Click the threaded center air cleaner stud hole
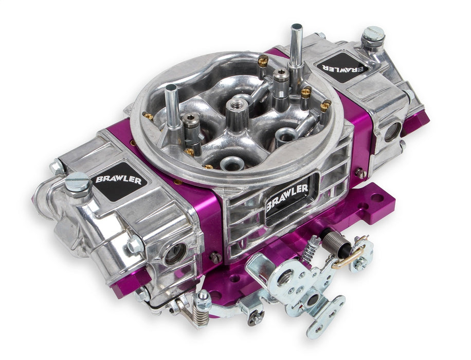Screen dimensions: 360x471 (x=238, y=105)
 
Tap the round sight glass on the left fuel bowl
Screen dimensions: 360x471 (x=175, y=253)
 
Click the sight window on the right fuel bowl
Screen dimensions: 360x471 (x=392, y=132)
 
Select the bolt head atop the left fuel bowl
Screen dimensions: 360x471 (x=79, y=181)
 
